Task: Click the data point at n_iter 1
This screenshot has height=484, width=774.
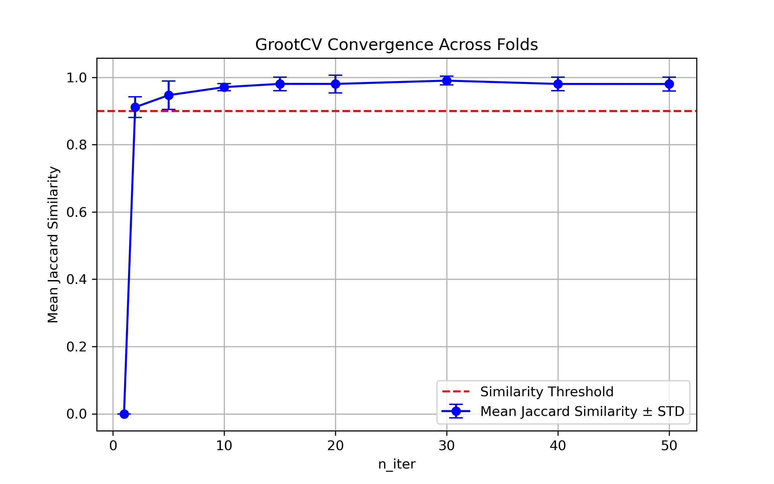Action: (124, 414)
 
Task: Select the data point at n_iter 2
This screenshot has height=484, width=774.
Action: (135, 107)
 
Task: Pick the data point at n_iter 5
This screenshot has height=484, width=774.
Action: (169, 95)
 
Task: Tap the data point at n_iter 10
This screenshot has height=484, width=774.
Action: (224, 87)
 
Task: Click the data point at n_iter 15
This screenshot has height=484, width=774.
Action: (280, 84)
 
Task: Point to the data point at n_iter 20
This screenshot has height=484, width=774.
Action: (335, 84)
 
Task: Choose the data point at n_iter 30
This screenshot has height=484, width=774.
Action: (447, 81)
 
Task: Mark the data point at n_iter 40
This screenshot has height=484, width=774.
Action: (558, 84)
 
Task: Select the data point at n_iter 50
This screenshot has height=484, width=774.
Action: (669, 84)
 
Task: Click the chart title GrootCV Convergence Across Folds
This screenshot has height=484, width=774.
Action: (396, 45)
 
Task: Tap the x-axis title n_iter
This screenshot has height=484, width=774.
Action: (397, 464)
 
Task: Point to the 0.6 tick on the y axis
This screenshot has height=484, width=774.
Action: (77, 212)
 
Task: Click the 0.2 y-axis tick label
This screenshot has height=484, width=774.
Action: (77, 347)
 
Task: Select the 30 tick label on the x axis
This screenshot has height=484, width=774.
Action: (447, 446)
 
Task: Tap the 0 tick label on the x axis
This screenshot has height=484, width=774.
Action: (113, 446)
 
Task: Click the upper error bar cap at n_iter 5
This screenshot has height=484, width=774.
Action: (169, 81)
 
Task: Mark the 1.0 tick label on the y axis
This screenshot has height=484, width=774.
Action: (77, 78)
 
